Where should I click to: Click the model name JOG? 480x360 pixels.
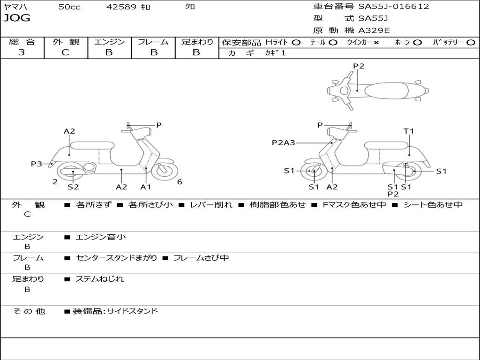pos(17,19)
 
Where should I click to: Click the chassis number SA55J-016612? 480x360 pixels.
pos(394,7)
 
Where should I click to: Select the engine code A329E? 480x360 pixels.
pos(374,30)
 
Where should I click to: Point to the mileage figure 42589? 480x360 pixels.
pos(121,7)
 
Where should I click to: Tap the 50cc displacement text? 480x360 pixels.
pos(69,7)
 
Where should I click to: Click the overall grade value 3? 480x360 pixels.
pos(22,52)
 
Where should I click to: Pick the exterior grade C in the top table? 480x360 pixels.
pos(65,52)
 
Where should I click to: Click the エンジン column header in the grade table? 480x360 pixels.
pos(109,42)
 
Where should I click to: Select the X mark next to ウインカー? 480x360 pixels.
pos(376,43)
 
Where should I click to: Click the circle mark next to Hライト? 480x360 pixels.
pos(296,43)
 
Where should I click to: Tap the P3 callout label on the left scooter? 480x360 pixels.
pos(37,164)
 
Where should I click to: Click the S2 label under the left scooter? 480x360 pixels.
pos(73,187)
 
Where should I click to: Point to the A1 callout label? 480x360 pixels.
pos(146,187)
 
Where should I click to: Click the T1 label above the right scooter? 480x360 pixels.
pos(409,131)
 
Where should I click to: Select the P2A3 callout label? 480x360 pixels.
pos(284,143)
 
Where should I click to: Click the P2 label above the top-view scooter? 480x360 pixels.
pos(359,66)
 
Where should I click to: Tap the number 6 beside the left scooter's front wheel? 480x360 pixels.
pos(180,182)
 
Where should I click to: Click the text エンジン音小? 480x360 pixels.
pos(101,237)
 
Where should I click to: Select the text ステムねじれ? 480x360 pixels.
pos(99,279)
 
